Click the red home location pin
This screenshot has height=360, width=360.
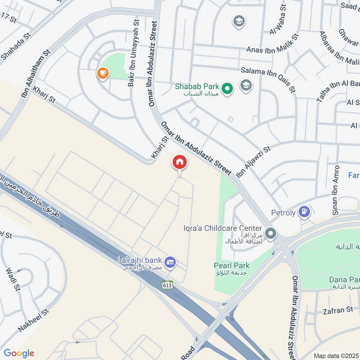(179, 162)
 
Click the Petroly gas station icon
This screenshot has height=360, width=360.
(305, 211)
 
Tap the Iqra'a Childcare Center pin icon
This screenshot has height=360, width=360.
(270, 234)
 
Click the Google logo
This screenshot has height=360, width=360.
(18, 353)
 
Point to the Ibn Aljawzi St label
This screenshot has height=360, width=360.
(253, 161)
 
